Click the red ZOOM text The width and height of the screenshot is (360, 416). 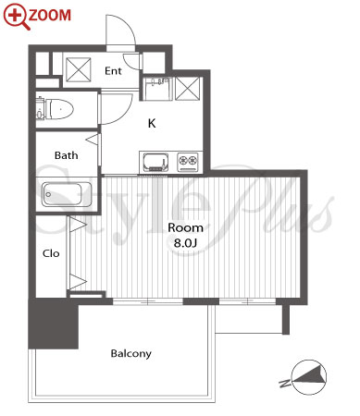50,15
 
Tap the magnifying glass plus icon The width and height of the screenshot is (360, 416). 16,16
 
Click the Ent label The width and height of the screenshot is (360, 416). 113,71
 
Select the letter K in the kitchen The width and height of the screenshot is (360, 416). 152,124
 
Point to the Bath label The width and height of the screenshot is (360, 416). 66,155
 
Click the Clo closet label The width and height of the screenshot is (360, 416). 51,253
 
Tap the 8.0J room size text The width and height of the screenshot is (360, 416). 185,243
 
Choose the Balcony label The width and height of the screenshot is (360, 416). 131,353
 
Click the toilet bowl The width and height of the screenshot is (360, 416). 59,109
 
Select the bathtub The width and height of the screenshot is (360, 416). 67,194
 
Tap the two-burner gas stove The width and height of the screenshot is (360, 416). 188,162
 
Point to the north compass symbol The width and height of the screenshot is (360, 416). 308,377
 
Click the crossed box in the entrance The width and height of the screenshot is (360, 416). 79,69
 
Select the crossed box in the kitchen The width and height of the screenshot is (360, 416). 187,89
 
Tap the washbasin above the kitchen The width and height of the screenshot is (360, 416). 157,89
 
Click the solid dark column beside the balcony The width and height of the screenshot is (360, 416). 53,324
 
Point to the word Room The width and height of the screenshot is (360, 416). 185,227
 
